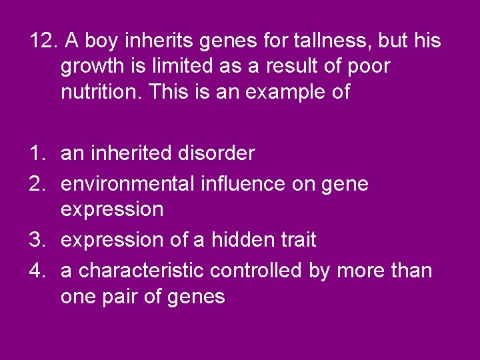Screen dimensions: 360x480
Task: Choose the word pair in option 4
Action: (128, 296)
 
